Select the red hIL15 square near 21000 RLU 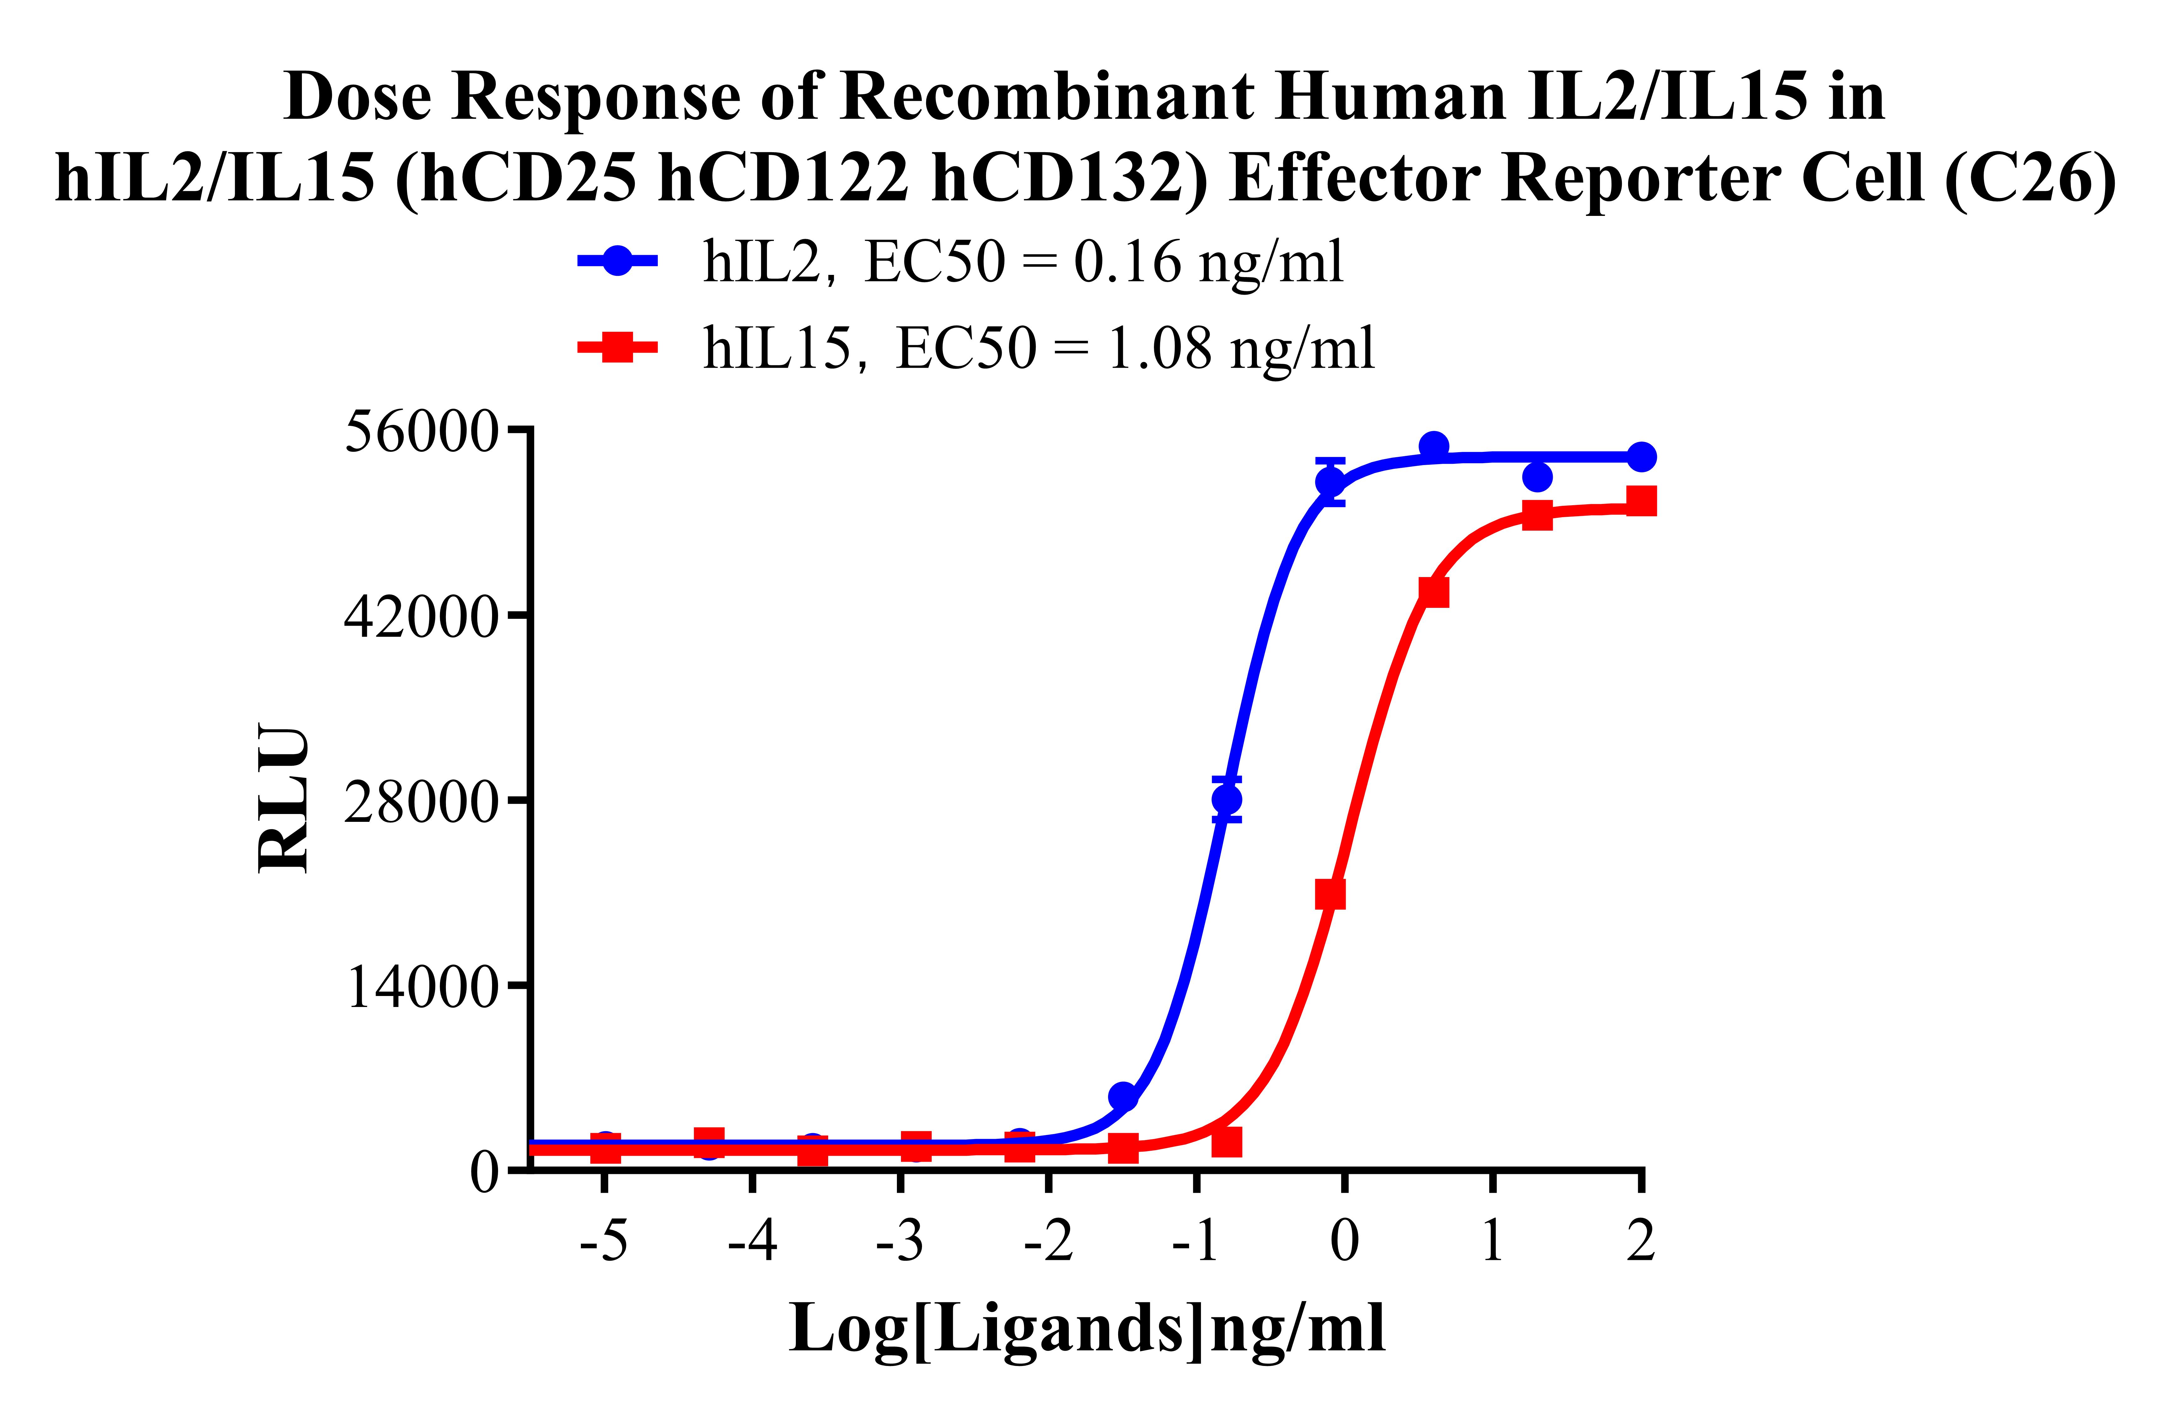(1330, 895)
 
